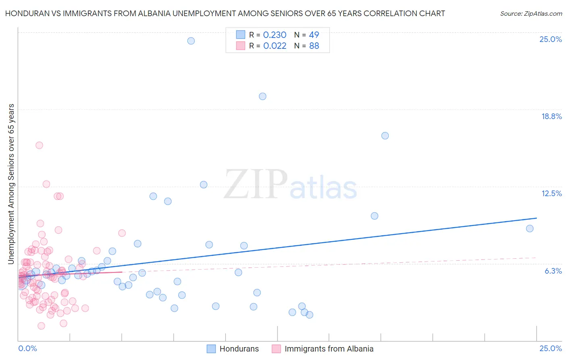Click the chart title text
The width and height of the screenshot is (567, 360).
225,13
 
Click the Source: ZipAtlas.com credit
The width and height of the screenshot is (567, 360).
531,13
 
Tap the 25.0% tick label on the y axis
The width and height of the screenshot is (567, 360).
550,39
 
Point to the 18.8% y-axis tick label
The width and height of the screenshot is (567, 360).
551,116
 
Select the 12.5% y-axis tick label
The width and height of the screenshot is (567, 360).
551,193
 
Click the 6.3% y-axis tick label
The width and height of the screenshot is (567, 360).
553,271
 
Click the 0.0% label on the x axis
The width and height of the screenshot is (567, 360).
27,348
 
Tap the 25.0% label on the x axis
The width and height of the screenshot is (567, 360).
550,348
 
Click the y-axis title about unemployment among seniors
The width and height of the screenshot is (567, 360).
11,184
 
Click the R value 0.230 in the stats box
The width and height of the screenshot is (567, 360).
275,35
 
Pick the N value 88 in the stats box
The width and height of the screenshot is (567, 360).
314,46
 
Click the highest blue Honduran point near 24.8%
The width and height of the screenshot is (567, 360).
191,41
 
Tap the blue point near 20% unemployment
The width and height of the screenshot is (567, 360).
263,96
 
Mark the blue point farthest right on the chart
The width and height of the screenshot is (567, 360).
530,228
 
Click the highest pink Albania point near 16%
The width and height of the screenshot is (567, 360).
39,145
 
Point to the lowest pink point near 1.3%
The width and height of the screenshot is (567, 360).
41,326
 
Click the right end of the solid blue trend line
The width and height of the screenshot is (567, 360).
536,218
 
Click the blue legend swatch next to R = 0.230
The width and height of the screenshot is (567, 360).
240,35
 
